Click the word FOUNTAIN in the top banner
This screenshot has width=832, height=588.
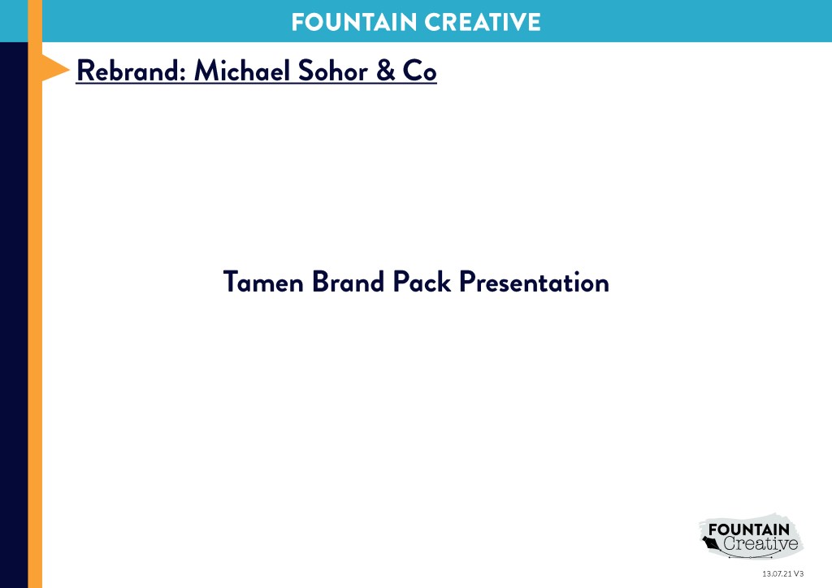354,22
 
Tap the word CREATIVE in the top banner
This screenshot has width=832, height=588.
483,22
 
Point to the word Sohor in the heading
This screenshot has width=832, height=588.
332,71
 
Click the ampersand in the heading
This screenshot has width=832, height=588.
386,71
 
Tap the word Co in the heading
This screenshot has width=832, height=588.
420,71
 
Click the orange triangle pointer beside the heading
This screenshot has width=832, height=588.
55,68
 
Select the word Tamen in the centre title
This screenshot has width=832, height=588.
263,282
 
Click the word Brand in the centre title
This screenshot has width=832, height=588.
348,282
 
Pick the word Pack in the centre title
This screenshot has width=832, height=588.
422,282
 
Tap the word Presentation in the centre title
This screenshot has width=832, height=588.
534,282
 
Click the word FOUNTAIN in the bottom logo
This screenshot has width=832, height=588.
748,530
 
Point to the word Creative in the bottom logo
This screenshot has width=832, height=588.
760,543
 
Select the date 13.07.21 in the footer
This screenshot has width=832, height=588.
777,573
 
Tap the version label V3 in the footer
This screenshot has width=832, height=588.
799,573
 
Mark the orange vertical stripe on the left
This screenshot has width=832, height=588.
35,294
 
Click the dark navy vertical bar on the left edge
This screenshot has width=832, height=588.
14,315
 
